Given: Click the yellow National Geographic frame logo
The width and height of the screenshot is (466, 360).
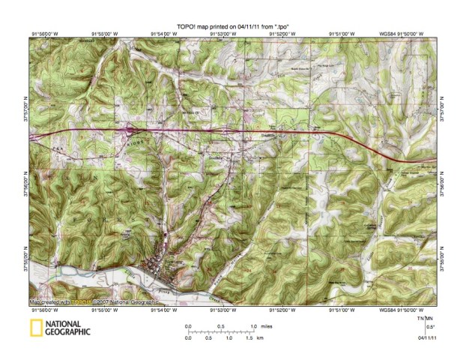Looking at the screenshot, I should tap(34, 327).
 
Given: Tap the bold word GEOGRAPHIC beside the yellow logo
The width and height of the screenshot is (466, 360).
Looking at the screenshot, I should tap(68, 331).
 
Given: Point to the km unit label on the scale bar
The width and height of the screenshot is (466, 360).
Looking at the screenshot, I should tap(259, 338).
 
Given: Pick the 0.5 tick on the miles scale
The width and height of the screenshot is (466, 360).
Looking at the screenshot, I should tap(220, 326).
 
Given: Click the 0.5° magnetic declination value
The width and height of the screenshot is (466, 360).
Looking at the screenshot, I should tap(430, 326).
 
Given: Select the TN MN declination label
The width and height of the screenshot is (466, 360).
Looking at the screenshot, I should tap(424, 318).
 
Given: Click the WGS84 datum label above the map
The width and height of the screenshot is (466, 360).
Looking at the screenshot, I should tap(387, 34).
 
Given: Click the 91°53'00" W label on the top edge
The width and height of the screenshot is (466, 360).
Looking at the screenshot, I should tap(224, 34).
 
